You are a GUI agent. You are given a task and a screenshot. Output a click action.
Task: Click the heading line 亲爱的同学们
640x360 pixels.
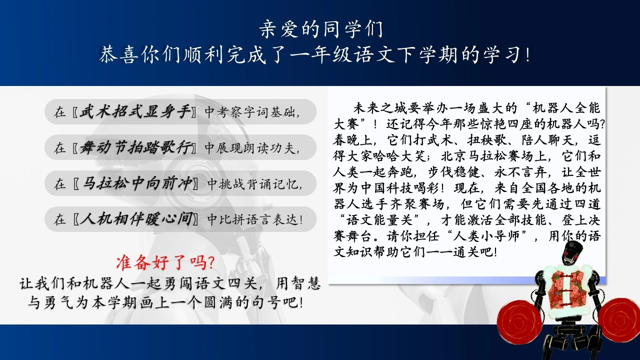(x=321, y=29)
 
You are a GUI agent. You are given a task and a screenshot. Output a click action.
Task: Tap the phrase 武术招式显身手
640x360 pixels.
(x=135, y=111)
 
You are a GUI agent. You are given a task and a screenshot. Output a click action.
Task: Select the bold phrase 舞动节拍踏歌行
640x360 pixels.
(x=135, y=147)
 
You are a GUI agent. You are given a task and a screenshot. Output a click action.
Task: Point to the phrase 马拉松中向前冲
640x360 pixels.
(x=137, y=183)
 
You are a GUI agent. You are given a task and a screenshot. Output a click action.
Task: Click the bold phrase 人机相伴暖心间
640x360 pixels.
(x=136, y=219)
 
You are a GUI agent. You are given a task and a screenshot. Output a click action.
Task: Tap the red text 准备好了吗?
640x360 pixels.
(x=165, y=262)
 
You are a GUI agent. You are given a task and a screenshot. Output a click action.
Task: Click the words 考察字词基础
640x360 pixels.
(x=255, y=112)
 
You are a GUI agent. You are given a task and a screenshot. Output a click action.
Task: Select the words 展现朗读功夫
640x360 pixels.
(x=255, y=148)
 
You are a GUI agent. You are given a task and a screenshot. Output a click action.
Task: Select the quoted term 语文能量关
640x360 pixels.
(x=379, y=220)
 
